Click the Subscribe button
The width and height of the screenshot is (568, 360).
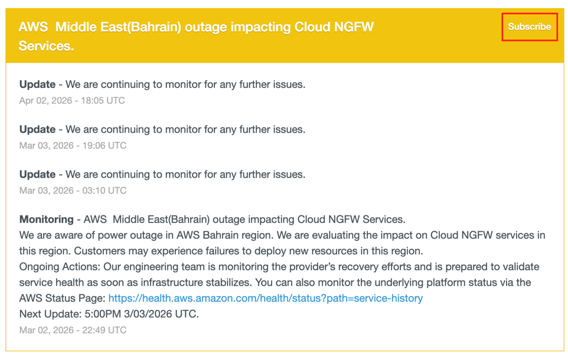[529, 27]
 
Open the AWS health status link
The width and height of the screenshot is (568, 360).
[266, 298]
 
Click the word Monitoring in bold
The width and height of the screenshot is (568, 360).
[47, 220]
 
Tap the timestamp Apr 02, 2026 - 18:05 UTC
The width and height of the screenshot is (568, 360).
[72, 100]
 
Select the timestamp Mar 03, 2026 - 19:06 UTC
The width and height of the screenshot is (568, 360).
[73, 145]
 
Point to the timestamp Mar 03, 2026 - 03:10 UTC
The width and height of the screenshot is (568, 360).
[73, 190]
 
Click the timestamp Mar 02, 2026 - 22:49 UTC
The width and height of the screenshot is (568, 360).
[73, 330]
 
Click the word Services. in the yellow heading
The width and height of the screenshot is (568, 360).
[46, 46]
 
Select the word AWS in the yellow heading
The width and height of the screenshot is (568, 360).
[33, 27]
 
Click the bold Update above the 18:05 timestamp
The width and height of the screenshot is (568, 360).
[37, 84]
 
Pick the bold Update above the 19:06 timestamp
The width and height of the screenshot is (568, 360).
[37, 129]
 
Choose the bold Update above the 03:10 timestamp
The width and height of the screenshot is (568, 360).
[37, 174]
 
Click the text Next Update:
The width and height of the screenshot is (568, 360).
[50, 313]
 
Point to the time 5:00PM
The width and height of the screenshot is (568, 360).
[103, 313]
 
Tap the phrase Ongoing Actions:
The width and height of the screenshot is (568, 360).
[60, 267]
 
